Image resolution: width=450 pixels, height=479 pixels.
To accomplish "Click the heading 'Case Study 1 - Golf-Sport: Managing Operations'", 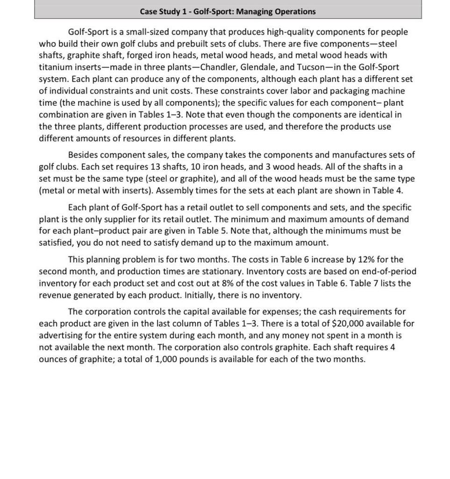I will (x=228, y=11).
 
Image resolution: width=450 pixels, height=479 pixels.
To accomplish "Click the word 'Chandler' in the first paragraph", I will (x=218, y=67).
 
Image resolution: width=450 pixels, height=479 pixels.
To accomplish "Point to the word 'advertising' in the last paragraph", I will (x=60, y=336).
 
